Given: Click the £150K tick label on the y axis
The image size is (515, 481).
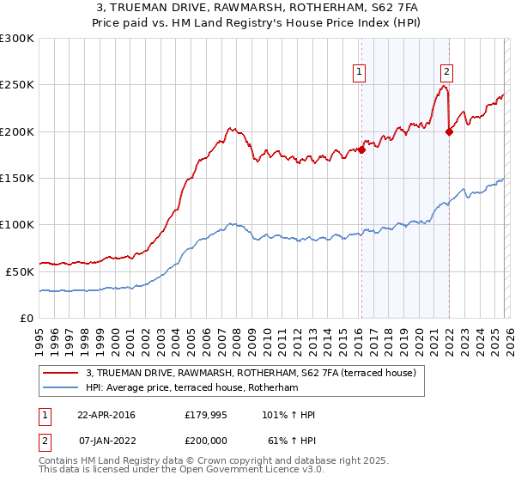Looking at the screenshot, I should click(17, 179).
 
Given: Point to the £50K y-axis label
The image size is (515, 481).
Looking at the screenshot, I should click(20, 271).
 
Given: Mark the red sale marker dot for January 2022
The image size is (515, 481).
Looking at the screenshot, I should click(449, 131).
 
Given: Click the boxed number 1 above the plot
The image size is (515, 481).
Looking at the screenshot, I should click(358, 72).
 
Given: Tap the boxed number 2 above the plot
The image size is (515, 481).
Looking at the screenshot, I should click(447, 72).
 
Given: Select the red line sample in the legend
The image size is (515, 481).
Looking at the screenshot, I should click(61, 373).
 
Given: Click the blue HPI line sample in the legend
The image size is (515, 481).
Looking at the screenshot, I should click(61, 388).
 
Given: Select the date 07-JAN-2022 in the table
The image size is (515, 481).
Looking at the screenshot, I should click(106, 440).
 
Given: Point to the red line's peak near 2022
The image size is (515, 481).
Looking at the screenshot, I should click(443, 85).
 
